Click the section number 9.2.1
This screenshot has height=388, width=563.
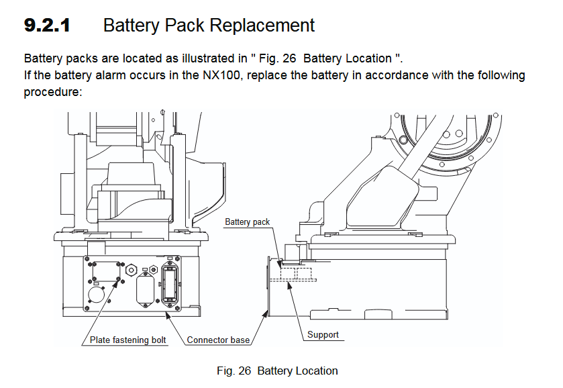point(47,26)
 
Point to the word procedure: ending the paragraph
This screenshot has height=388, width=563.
point(52,91)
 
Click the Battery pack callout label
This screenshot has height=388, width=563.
point(247,222)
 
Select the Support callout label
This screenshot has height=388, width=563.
point(323,334)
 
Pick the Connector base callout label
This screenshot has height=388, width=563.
point(218,340)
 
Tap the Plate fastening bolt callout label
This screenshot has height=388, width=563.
point(128,340)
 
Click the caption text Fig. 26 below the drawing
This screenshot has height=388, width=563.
point(234,371)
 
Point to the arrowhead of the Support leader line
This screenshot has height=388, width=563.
point(289,284)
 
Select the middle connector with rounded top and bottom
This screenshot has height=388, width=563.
point(144,290)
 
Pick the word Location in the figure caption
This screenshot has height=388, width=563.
point(317,371)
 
